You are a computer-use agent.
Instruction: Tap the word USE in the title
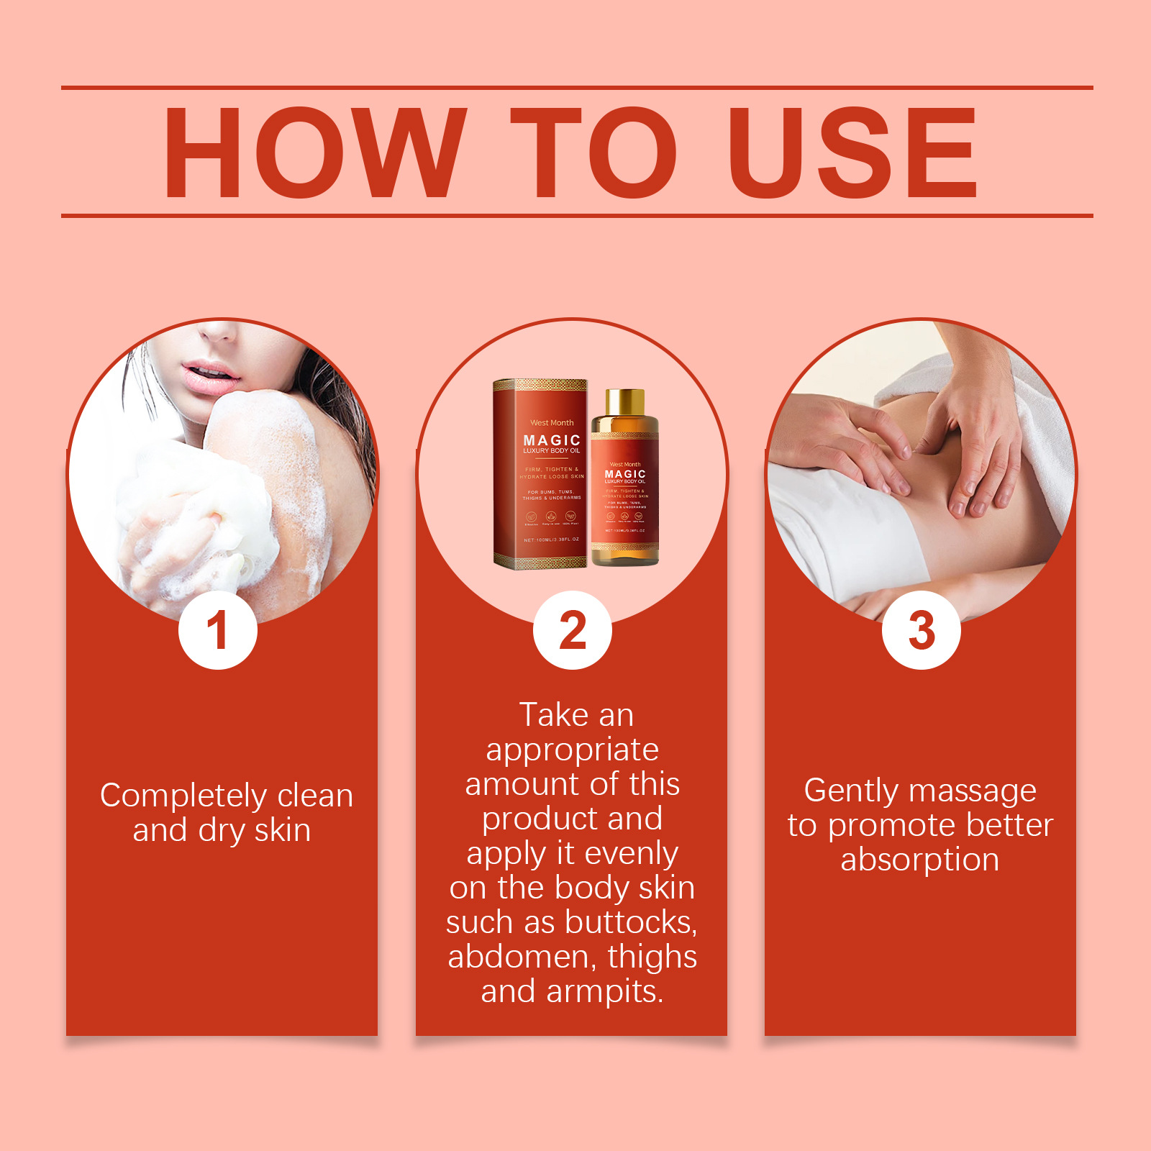tap(852, 152)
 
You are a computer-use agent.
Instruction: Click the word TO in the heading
tap(593, 152)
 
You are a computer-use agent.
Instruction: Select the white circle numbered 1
tap(218, 630)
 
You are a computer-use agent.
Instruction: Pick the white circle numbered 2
tap(573, 630)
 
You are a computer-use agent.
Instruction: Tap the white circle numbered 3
tap(921, 630)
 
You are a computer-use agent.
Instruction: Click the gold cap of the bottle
tap(624, 401)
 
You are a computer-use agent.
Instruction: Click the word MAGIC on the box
tap(552, 440)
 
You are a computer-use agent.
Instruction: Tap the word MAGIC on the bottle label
tap(625, 474)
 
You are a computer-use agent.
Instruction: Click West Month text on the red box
tap(552, 422)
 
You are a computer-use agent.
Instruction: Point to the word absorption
tap(919, 860)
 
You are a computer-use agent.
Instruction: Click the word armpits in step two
tap(604, 991)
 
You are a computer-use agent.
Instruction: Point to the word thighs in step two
tap(652, 957)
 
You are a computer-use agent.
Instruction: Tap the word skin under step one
tap(282, 831)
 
